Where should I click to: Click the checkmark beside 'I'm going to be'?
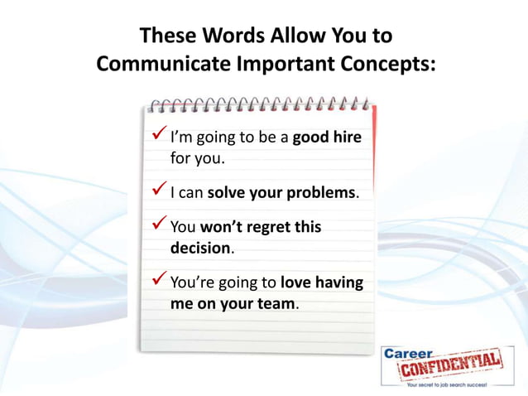pyautogui.click(x=159, y=135)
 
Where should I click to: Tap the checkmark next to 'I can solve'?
pyautogui.click(x=159, y=191)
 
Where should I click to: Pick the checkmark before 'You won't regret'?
pyautogui.click(x=159, y=225)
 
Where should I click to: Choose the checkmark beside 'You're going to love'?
pyautogui.click(x=159, y=281)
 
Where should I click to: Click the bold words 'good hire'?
pyautogui.click(x=327, y=138)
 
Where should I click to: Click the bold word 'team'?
pyautogui.click(x=276, y=304)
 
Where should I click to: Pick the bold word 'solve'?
pyautogui.click(x=226, y=193)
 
